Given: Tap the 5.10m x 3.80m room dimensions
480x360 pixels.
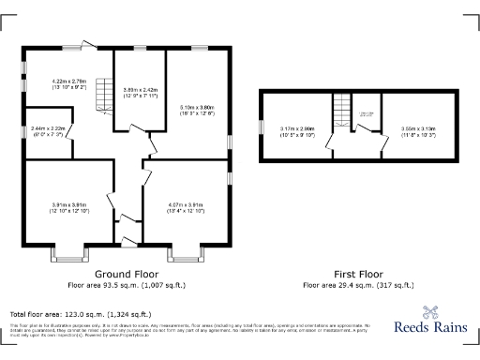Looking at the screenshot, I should (197, 111).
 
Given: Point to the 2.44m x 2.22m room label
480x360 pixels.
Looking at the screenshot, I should (48, 131).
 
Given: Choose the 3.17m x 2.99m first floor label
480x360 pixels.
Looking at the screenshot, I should (299, 130).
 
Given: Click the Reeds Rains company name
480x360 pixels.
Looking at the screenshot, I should (430, 330).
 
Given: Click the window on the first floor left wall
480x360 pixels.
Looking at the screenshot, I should (262, 127).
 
